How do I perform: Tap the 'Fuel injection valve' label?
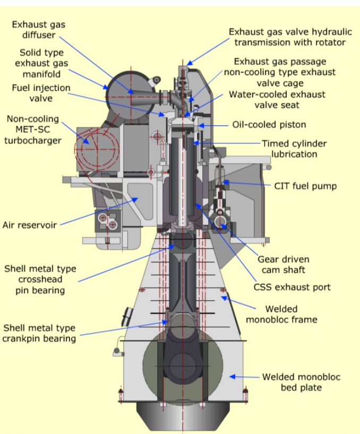pos(41,93)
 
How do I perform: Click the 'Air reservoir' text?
pos(29,224)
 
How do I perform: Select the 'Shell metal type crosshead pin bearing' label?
pos(40,279)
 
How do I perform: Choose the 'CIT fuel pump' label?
pos(305,186)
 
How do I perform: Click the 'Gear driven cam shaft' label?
pos(283,265)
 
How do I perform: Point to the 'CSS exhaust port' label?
pos(292,287)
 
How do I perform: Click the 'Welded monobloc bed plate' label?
pos(301,382)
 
